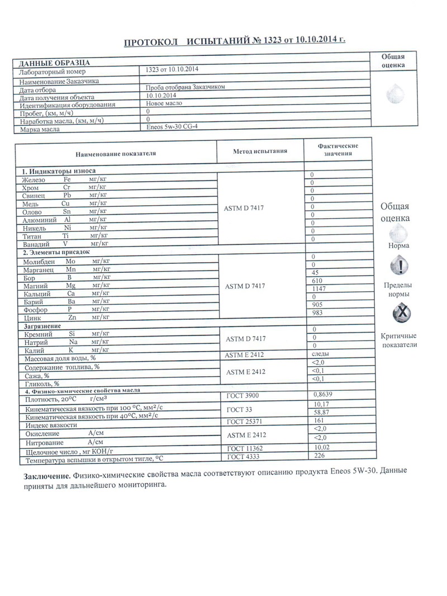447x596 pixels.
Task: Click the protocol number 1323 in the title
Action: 272,41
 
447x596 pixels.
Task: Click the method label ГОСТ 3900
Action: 243,396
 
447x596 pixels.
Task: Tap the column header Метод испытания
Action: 260,151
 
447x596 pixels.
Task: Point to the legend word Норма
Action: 398,245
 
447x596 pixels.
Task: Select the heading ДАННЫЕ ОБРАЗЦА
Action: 54,63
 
